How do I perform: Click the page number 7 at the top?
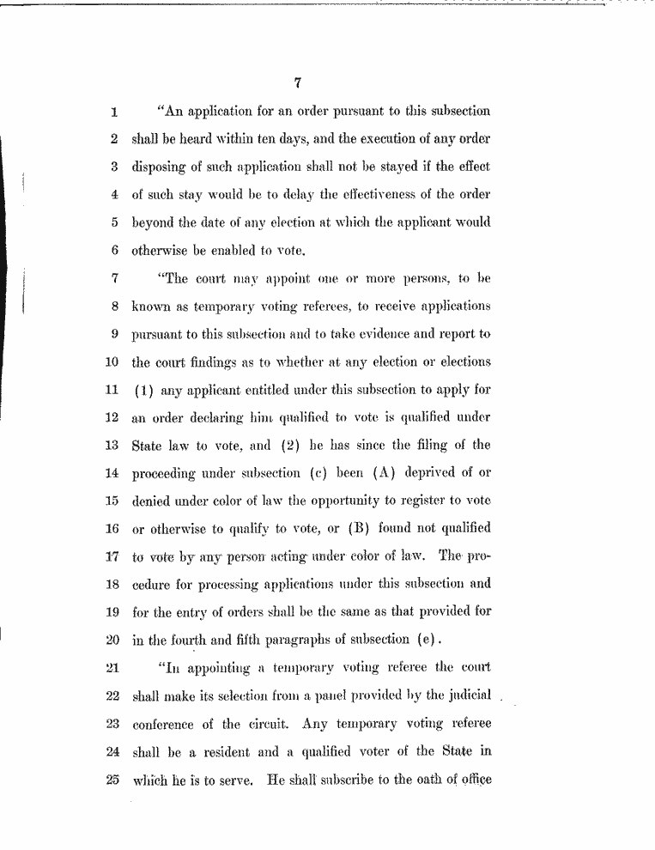pyautogui.click(x=296, y=83)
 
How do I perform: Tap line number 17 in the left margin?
pyautogui.click(x=111, y=556)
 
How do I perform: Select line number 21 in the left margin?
pyautogui.click(x=111, y=667)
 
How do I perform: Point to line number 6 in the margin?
pyautogui.click(x=113, y=250)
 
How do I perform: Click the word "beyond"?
pyautogui.click(x=154, y=222)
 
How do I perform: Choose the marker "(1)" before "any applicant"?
pyautogui.click(x=143, y=389)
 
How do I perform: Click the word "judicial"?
pyautogui.click(x=464, y=695)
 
